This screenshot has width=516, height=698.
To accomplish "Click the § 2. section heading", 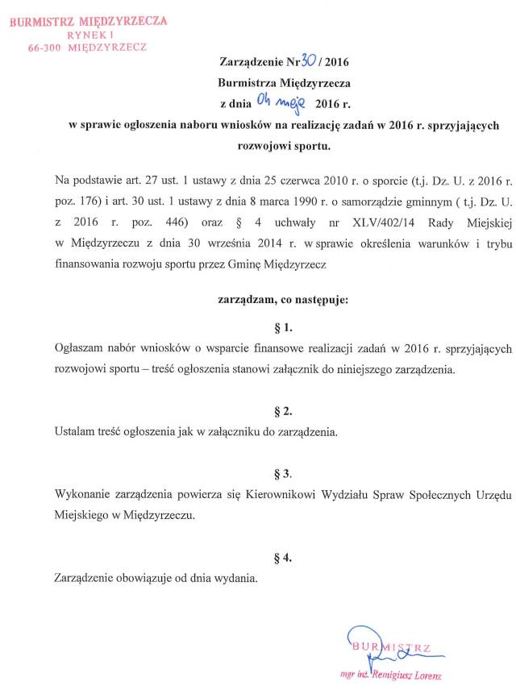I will (284, 412).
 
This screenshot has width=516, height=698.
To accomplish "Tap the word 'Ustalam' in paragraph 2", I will (74, 432).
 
